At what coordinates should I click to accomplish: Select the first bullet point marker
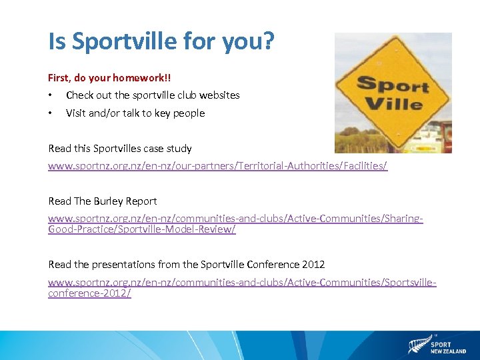[51, 95]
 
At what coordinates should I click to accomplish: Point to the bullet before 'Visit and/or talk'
[51, 113]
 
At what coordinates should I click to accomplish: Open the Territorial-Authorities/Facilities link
[217, 165]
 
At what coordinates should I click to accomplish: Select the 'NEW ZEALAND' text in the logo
[448, 351]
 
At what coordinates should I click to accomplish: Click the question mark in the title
[267, 41]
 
